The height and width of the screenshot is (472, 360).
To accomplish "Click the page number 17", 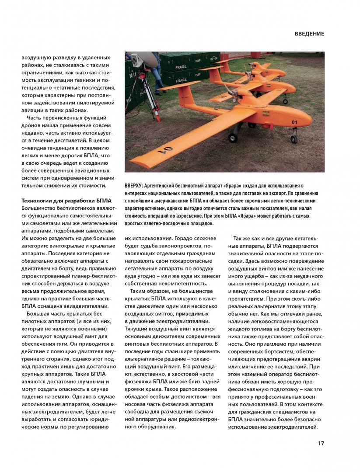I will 321,444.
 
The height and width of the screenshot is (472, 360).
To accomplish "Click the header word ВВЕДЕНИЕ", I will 309,34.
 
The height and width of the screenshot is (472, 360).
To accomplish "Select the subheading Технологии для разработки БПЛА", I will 67,201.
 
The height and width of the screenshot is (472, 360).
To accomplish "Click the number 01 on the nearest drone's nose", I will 294,122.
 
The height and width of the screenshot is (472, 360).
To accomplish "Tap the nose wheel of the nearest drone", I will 294,139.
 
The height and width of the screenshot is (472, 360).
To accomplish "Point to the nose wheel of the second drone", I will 285,101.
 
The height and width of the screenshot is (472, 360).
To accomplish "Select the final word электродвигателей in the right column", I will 293,427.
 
